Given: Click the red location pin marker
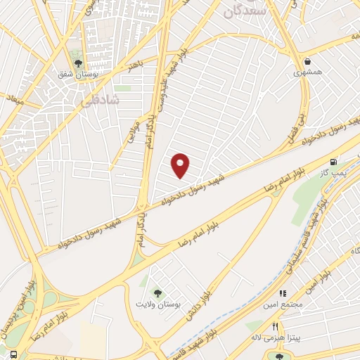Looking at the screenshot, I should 181,166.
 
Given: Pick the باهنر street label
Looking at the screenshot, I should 135,67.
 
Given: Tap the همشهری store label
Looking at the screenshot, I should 307,72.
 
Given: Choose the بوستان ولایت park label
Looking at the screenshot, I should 158,304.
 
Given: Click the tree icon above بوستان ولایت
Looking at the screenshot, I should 157,292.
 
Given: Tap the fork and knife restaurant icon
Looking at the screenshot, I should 276,327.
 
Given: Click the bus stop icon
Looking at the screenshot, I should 13,353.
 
